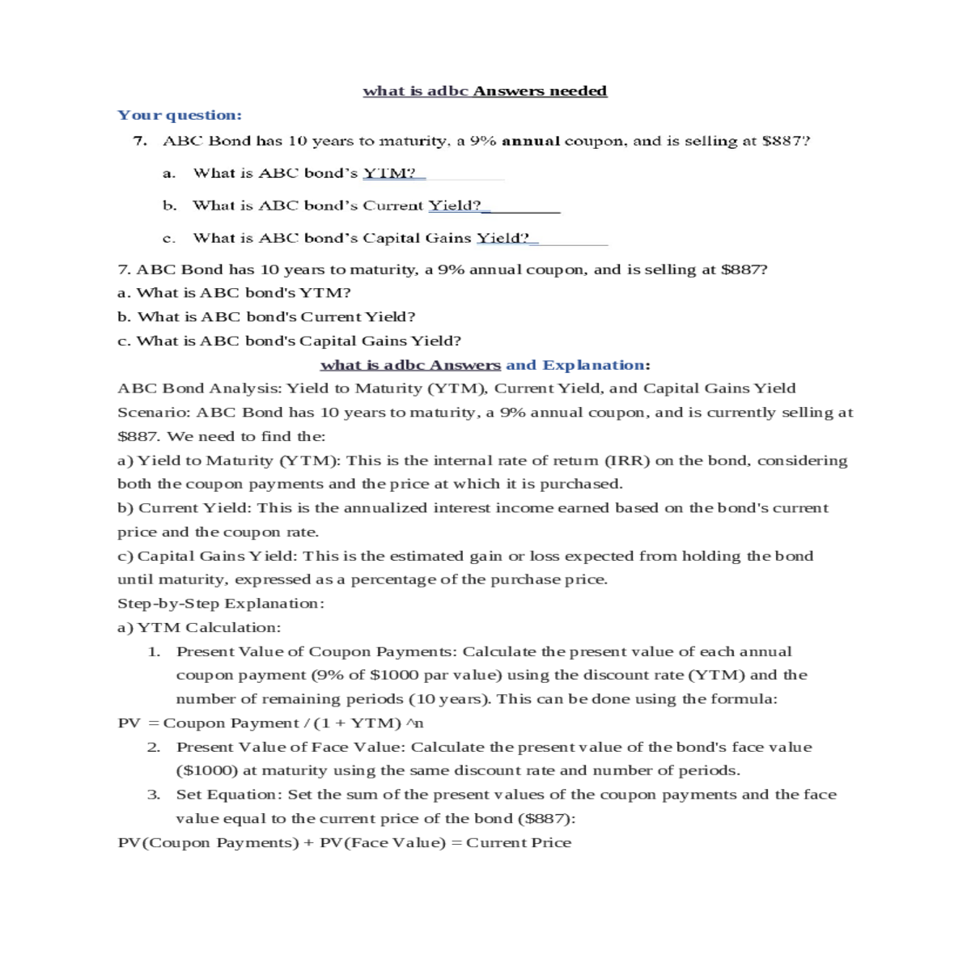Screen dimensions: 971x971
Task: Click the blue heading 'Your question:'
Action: click(180, 115)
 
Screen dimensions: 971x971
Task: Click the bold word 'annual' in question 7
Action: click(531, 141)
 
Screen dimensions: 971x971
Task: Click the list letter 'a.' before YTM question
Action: click(169, 173)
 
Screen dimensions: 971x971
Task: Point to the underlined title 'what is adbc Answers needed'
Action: click(485, 91)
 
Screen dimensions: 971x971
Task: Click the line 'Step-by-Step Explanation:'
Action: click(221, 604)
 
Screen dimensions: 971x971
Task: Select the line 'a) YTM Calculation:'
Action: click(199, 627)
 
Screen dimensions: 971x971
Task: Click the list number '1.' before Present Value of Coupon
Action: click(154, 651)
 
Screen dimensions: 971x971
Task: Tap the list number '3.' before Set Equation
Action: click(154, 795)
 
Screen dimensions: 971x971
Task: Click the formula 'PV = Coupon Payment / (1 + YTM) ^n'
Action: click(270, 723)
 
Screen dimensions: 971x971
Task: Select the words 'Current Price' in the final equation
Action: click(519, 842)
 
